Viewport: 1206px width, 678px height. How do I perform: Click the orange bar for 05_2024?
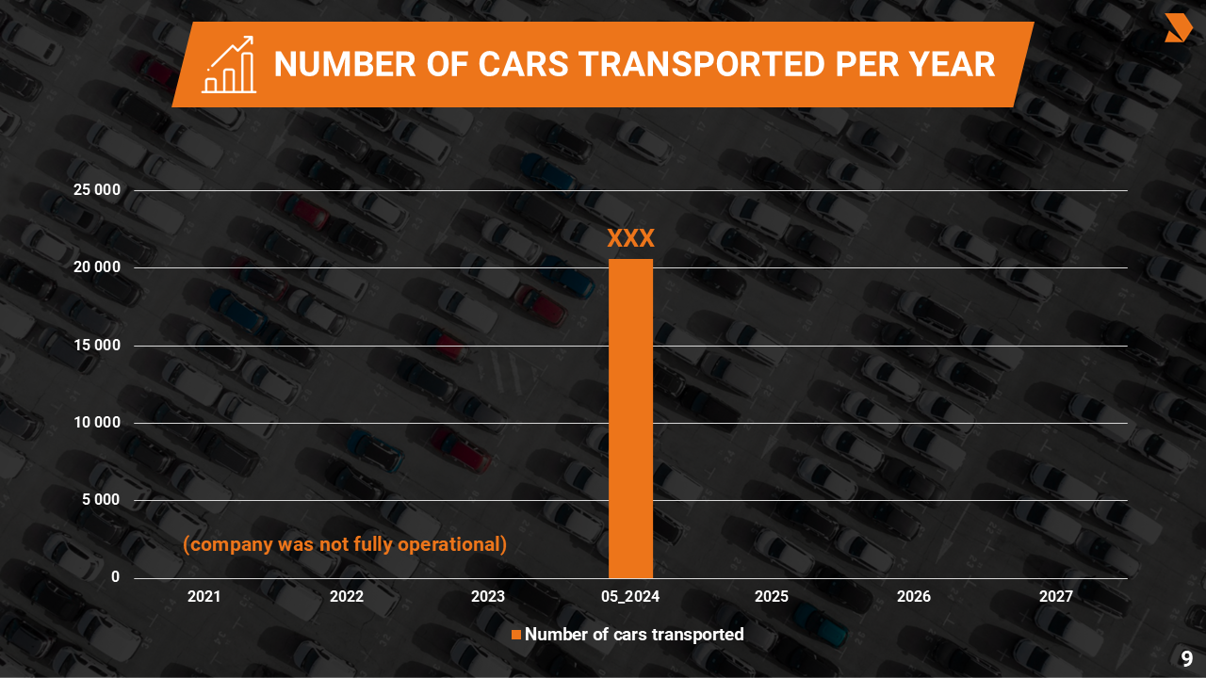tap(630, 419)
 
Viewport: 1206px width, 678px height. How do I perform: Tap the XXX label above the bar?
tap(630, 238)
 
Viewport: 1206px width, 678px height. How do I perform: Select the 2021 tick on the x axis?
tap(204, 596)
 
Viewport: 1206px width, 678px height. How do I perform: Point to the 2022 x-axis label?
tap(347, 596)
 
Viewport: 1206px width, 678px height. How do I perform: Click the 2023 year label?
tap(488, 596)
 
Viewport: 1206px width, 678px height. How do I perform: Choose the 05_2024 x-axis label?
tap(630, 596)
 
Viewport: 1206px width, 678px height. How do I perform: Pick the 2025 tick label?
tap(772, 596)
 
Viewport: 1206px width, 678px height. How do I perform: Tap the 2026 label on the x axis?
tap(914, 596)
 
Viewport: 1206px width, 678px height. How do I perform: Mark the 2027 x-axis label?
tap(1055, 596)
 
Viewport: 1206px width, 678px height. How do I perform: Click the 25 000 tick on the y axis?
tap(97, 190)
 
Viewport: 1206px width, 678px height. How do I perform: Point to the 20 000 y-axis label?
tap(97, 267)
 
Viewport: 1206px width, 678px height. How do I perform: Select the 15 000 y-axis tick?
tap(97, 346)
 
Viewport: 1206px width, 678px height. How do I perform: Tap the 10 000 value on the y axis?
tap(97, 423)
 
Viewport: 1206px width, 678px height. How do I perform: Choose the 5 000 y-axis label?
tap(101, 500)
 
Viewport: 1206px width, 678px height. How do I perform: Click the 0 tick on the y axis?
tap(116, 577)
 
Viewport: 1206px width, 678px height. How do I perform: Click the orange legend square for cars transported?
tap(515, 635)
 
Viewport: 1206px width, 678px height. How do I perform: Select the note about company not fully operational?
tap(345, 544)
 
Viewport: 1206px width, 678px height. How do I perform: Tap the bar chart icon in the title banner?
tap(229, 65)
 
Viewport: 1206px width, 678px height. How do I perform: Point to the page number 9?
tap(1187, 659)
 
